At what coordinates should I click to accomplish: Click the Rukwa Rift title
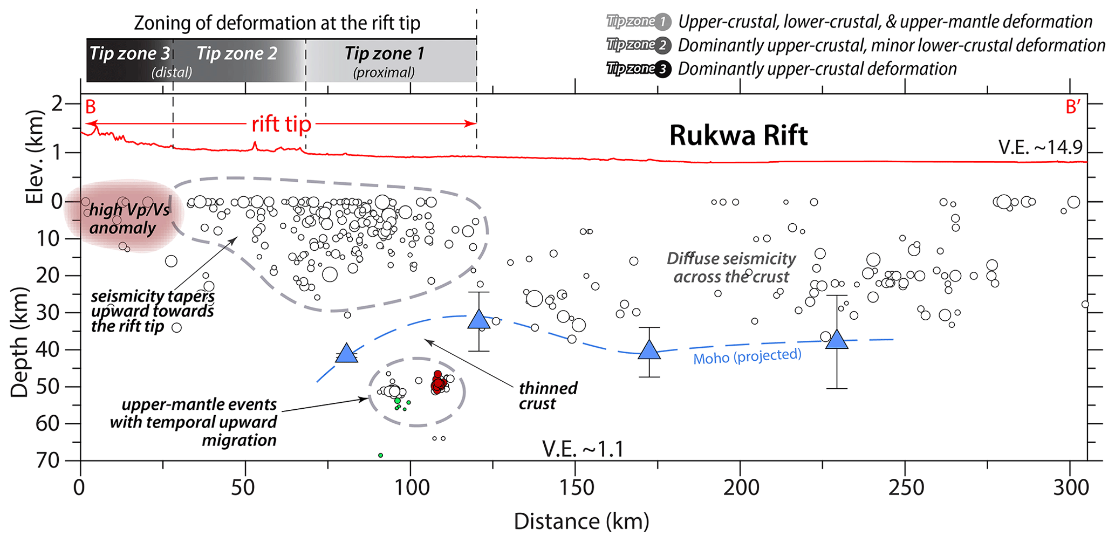click(x=738, y=136)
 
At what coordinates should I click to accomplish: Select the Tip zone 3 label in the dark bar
click(x=129, y=54)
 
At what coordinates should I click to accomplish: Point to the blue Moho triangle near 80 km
click(x=347, y=354)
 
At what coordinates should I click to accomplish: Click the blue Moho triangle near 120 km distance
click(x=478, y=320)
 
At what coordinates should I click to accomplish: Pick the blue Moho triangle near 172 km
click(x=649, y=350)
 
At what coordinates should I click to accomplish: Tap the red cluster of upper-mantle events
click(x=438, y=382)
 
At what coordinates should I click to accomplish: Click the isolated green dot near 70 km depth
click(x=380, y=456)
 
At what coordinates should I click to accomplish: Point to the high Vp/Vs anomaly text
click(x=129, y=219)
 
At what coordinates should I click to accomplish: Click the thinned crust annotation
click(x=548, y=396)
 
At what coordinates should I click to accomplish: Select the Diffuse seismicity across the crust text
click(x=731, y=267)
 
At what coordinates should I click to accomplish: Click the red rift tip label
click(x=281, y=125)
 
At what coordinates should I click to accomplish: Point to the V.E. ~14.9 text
click(x=1040, y=147)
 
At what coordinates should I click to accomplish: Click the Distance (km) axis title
click(x=581, y=521)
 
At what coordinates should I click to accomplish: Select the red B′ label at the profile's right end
click(x=1073, y=107)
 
